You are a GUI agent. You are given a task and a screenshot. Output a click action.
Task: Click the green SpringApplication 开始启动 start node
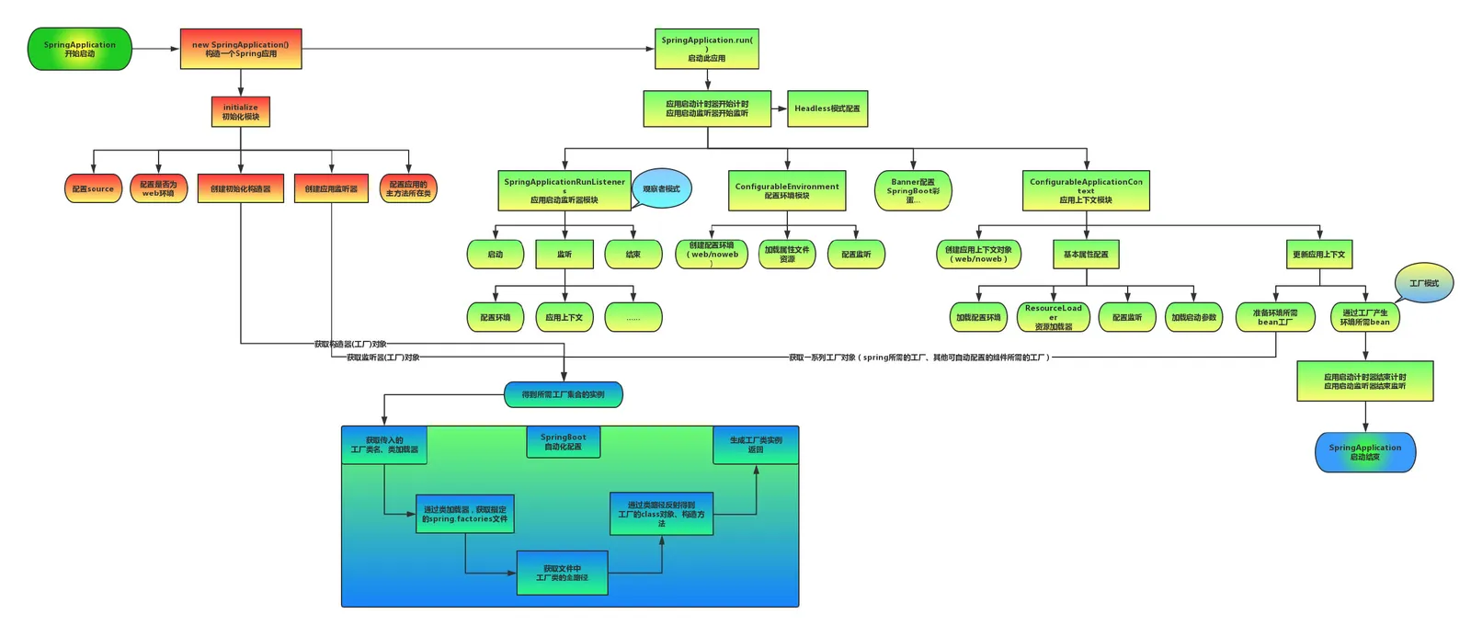(80, 50)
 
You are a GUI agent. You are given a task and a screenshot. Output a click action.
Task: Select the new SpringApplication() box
(241, 50)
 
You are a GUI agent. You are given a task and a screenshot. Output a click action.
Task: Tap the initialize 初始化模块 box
(241, 112)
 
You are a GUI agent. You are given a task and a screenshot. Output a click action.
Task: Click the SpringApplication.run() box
(707, 50)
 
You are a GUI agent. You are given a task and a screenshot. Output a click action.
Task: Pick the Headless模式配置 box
(827, 108)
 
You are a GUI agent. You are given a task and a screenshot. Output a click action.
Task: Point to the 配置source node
(93, 188)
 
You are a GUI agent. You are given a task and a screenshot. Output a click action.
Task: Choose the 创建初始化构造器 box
(241, 188)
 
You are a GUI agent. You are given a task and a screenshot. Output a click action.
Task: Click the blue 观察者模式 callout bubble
(661, 188)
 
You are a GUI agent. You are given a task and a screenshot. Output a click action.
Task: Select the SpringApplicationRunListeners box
(564, 190)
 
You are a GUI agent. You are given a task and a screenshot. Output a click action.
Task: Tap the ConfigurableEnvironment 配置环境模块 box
(787, 190)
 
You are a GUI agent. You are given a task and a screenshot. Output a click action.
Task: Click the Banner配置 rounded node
(913, 191)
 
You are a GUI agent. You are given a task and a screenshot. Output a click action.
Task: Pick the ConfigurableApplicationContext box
(1086, 190)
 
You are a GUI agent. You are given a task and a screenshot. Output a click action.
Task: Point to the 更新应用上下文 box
(1318, 255)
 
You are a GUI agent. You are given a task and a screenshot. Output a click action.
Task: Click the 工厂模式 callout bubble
(1424, 283)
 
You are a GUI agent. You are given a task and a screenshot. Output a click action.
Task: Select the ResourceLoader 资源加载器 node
(1054, 317)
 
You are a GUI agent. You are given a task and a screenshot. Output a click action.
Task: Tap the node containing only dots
(633, 317)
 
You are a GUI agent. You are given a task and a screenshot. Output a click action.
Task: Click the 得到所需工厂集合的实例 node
(564, 395)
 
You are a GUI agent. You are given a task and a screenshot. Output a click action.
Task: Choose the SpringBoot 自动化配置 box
(564, 442)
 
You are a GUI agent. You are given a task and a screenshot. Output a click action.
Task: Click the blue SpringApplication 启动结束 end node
(1365, 452)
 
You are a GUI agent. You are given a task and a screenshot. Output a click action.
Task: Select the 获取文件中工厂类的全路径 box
(562, 574)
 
